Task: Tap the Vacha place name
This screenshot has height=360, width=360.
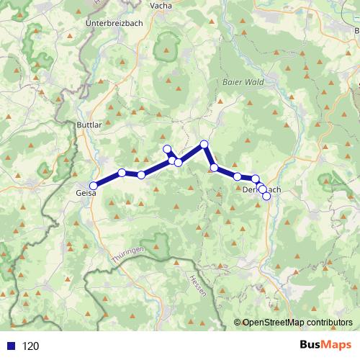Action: [x=160, y=5]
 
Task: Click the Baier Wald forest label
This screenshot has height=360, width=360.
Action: [x=241, y=83]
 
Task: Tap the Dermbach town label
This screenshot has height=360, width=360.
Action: [x=261, y=189]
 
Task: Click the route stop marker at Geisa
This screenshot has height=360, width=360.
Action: [x=94, y=186]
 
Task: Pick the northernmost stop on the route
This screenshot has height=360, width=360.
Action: [x=204, y=144]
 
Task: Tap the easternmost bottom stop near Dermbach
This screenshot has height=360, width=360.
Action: [x=266, y=196]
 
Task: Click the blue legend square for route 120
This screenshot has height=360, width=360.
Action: [x=10, y=346]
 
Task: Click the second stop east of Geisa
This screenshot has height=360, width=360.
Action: [x=141, y=175]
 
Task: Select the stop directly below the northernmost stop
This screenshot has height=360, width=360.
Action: [x=214, y=168]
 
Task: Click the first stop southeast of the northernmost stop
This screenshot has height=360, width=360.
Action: [x=214, y=168]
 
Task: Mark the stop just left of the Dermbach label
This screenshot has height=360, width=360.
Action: [x=238, y=176]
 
